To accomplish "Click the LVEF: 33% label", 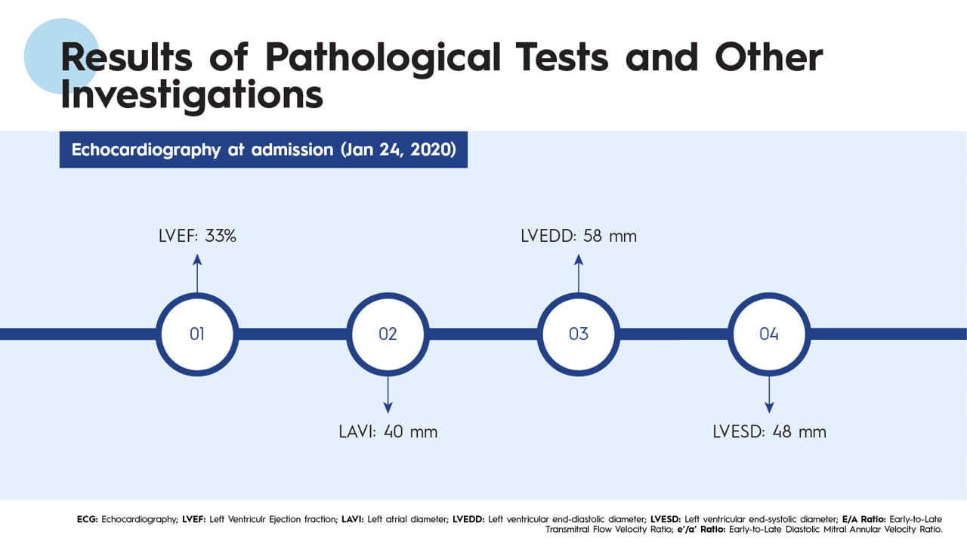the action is [x=197, y=236].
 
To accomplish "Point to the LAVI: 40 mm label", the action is [x=388, y=431].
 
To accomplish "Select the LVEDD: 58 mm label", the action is [x=579, y=236].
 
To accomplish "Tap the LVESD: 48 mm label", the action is [x=769, y=431].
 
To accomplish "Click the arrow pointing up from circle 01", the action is [x=197, y=274].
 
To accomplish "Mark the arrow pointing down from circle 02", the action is [x=388, y=394].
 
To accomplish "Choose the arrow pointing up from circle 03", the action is [x=579, y=274].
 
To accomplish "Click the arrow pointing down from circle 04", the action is [x=769, y=394].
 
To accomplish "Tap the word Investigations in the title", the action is [x=192, y=95].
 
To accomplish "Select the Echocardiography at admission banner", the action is [x=264, y=150].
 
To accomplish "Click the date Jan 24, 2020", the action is [x=398, y=150].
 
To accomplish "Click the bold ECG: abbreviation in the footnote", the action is [x=87, y=519].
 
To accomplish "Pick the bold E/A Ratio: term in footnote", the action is [x=864, y=519].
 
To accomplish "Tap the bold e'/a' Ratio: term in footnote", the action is [x=701, y=530].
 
